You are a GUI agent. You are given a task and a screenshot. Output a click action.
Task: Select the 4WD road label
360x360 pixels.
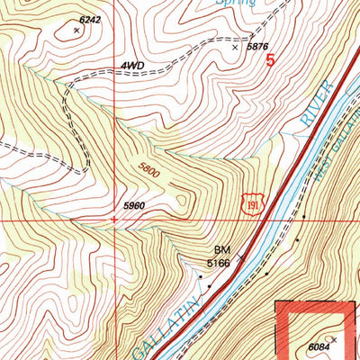(x=131, y=67)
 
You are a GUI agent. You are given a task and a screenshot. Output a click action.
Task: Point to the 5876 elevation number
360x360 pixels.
(x=258, y=46)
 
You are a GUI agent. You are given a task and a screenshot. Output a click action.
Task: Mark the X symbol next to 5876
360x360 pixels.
(x=236, y=48)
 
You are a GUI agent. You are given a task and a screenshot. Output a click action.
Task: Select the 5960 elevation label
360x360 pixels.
(x=132, y=206)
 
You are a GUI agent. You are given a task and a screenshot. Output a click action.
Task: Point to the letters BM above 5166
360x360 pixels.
(x=221, y=250)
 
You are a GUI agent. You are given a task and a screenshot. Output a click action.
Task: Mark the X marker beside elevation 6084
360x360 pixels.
(x=334, y=339)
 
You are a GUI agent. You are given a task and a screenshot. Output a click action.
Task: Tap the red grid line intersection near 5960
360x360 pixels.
(x=114, y=218)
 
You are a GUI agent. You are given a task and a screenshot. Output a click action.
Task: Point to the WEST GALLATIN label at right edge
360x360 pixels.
(x=337, y=171)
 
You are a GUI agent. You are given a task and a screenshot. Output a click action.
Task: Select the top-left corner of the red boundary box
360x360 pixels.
(x=277, y=305)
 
